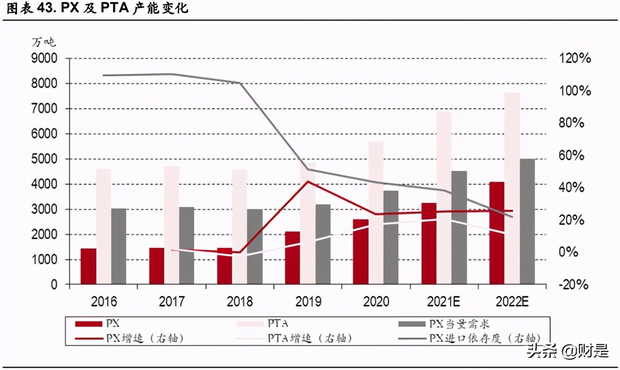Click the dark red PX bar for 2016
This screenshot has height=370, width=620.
click(88, 266)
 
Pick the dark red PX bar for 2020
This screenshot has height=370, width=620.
click(360, 252)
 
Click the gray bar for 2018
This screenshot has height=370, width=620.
click(255, 247)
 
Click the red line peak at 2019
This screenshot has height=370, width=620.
click(308, 182)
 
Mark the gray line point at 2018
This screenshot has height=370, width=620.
click(240, 83)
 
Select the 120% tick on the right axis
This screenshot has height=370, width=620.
click(574, 59)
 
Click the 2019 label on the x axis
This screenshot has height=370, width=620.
click(308, 302)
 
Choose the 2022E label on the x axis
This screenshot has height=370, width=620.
click(511, 302)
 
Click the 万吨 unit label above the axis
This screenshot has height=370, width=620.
click(44, 42)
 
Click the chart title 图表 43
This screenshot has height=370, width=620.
click(31, 9)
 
